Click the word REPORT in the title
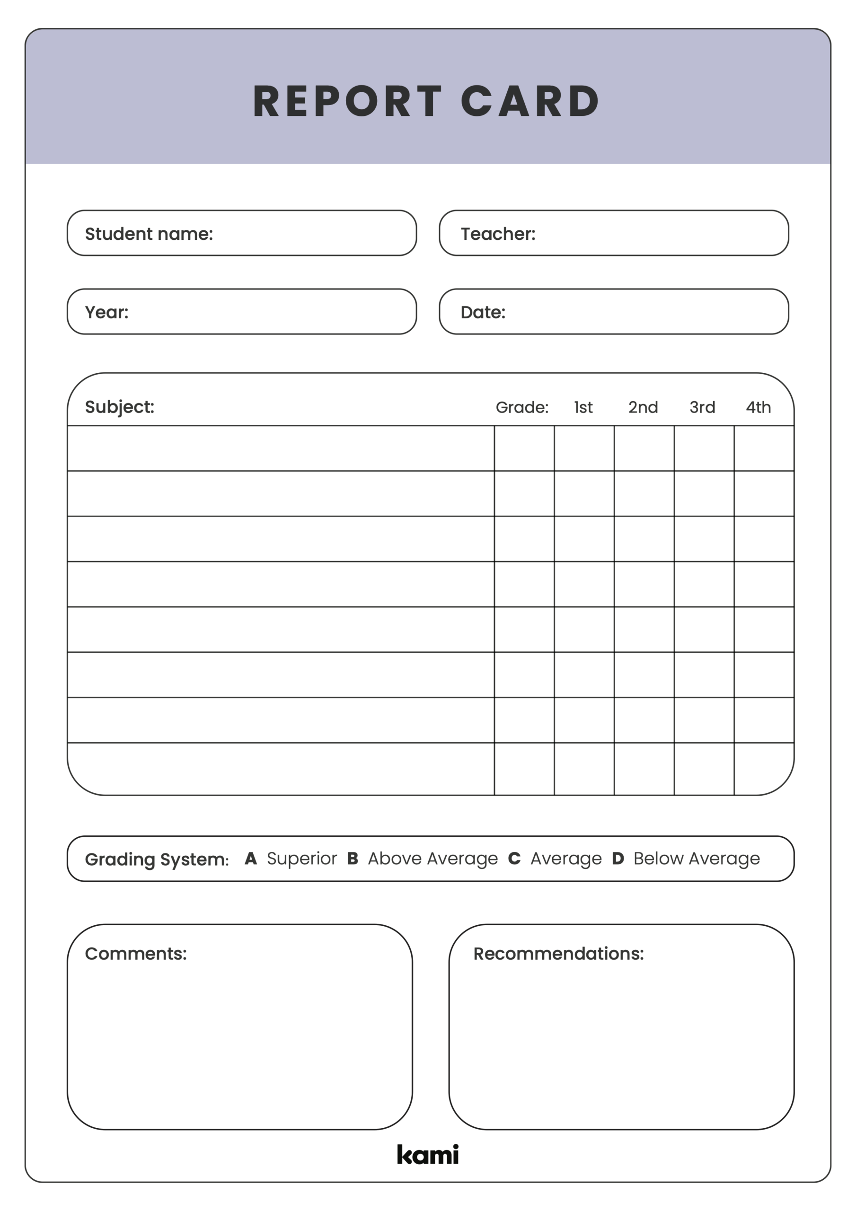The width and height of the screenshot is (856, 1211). click(347, 101)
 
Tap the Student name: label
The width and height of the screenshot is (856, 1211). click(149, 234)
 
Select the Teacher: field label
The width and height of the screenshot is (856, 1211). click(498, 234)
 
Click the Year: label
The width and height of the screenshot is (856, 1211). click(106, 312)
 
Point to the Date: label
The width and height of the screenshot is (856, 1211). click(482, 312)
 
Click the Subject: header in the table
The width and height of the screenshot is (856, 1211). click(119, 407)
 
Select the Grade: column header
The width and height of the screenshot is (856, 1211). click(521, 407)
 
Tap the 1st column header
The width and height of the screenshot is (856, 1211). click(583, 407)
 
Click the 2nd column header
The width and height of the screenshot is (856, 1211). click(643, 407)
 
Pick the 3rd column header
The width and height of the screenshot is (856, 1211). click(702, 407)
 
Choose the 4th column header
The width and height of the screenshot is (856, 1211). click(758, 407)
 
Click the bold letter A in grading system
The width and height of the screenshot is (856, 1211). click(251, 858)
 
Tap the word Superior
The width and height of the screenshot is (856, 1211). click(301, 858)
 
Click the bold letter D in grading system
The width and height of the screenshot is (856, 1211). click(618, 858)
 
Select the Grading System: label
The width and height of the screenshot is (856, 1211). click(157, 859)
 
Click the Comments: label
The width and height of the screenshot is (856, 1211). click(136, 953)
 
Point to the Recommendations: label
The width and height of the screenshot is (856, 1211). click(558, 953)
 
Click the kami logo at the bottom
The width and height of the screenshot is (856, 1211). click(427, 1154)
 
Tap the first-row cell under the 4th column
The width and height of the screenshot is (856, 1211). click(764, 448)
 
